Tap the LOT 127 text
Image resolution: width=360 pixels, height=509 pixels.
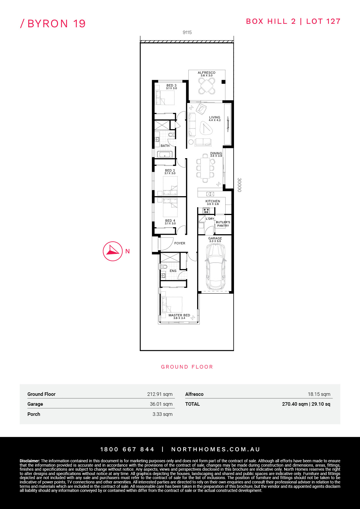[x=323, y=21]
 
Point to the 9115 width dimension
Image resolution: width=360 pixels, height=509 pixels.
[x=187, y=33]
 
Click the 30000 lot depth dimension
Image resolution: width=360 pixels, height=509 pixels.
[x=239, y=185]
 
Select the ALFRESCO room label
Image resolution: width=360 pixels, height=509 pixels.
[x=206, y=73]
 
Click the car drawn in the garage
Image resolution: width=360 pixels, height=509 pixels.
[x=215, y=266]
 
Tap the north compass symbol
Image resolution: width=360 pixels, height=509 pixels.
[x=113, y=251]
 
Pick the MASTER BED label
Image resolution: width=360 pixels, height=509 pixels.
[x=179, y=315]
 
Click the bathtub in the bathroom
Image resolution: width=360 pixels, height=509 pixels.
[x=165, y=154]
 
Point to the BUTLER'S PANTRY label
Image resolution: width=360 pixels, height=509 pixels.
[x=223, y=224]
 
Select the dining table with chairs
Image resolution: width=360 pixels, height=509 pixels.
[x=205, y=168]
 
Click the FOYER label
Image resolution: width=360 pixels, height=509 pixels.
[x=180, y=243]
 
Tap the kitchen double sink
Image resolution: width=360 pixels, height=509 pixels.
[x=210, y=194]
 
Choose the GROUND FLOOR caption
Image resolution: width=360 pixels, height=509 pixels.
[x=187, y=367]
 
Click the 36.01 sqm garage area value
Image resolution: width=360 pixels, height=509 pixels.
[x=161, y=404]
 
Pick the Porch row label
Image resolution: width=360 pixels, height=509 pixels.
[x=34, y=414]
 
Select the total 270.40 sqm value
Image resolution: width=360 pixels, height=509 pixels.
[x=295, y=404]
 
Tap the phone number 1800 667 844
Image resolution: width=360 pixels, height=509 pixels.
[x=127, y=449]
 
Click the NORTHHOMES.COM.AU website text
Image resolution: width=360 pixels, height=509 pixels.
[x=215, y=449]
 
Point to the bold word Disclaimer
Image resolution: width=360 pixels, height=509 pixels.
[x=30, y=461]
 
